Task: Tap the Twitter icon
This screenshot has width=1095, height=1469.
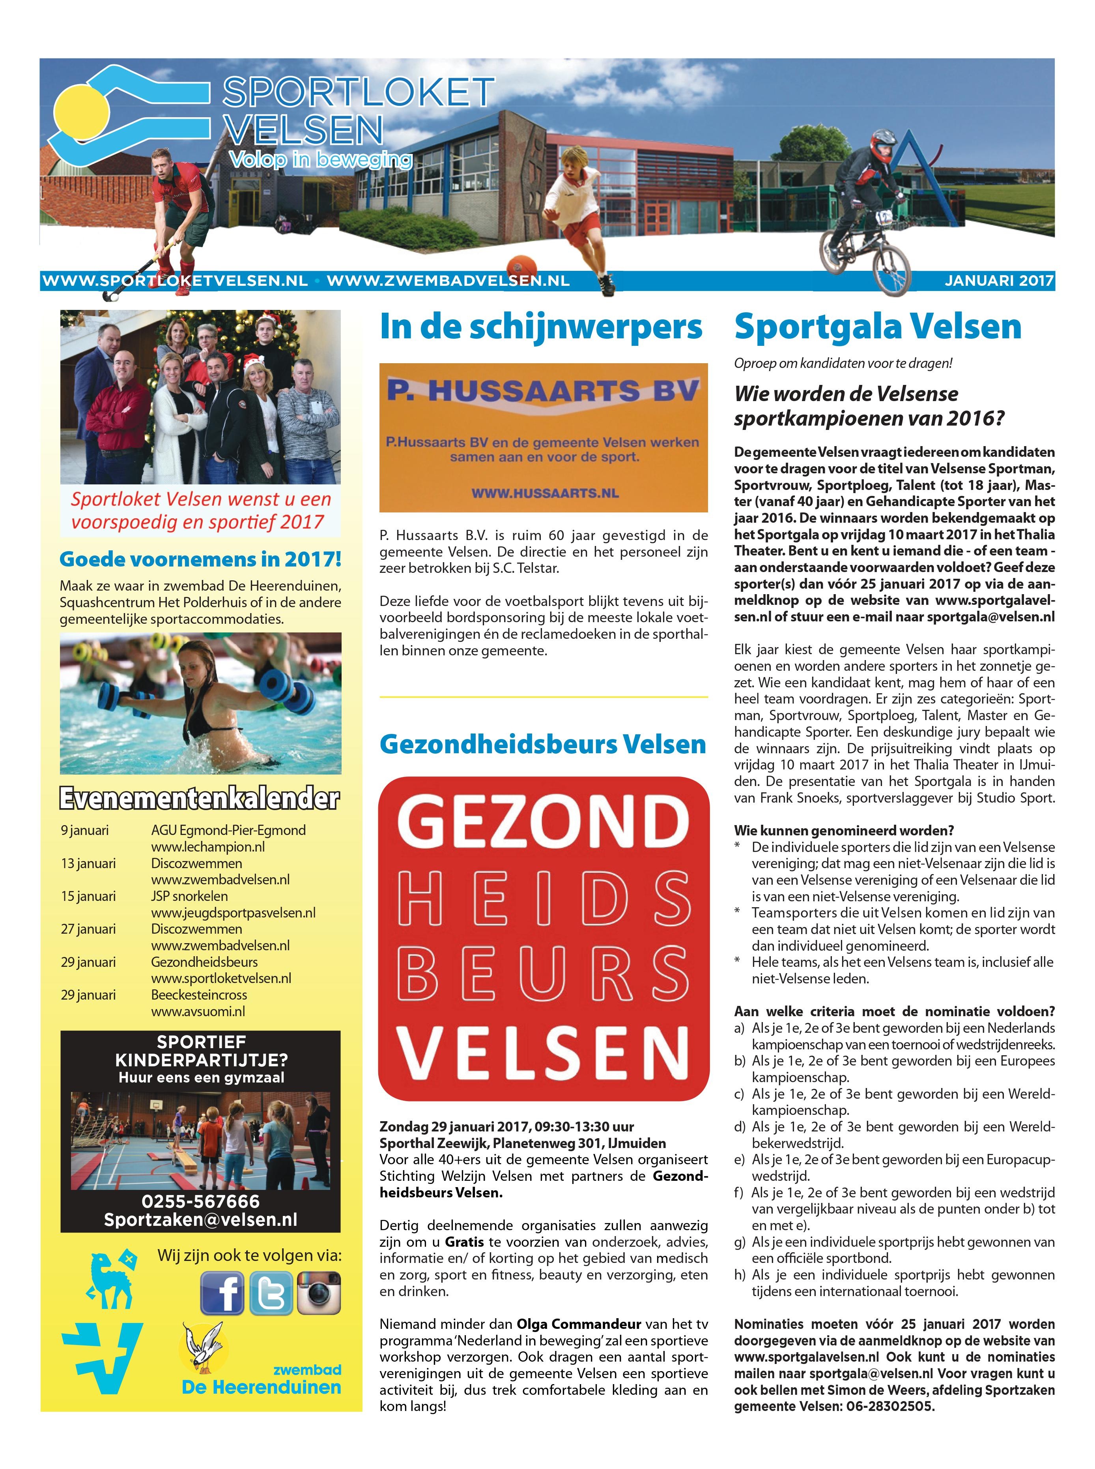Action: [x=271, y=1293]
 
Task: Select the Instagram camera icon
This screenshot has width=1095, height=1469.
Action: [x=319, y=1293]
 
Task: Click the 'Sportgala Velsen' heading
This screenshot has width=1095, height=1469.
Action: [x=878, y=326]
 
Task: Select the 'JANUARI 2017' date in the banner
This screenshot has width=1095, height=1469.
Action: [x=999, y=281]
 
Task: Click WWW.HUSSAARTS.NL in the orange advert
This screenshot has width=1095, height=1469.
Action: [x=544, y=493]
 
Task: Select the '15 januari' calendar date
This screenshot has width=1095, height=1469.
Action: [x=88, y=897]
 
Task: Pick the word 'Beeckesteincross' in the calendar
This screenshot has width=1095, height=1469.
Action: [x=199, y=995]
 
